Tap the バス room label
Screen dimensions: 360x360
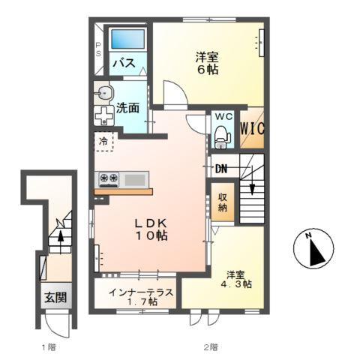(x=124, y=64)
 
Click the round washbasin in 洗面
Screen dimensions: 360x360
(x=103, y=94)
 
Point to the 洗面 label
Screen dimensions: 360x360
(x=127, y=107)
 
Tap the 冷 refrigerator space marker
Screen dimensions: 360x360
(x=102, y=140)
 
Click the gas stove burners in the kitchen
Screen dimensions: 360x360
(x=109, y=178)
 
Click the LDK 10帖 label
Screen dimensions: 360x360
(x=151, y=228)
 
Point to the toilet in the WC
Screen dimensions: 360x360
(x=220, y=135)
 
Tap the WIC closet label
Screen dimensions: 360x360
(x=252, y=127)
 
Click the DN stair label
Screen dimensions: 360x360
(x=222, y=168)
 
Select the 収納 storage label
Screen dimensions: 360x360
(x=223, y=202)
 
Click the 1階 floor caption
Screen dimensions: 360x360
(x=49, y=346)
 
